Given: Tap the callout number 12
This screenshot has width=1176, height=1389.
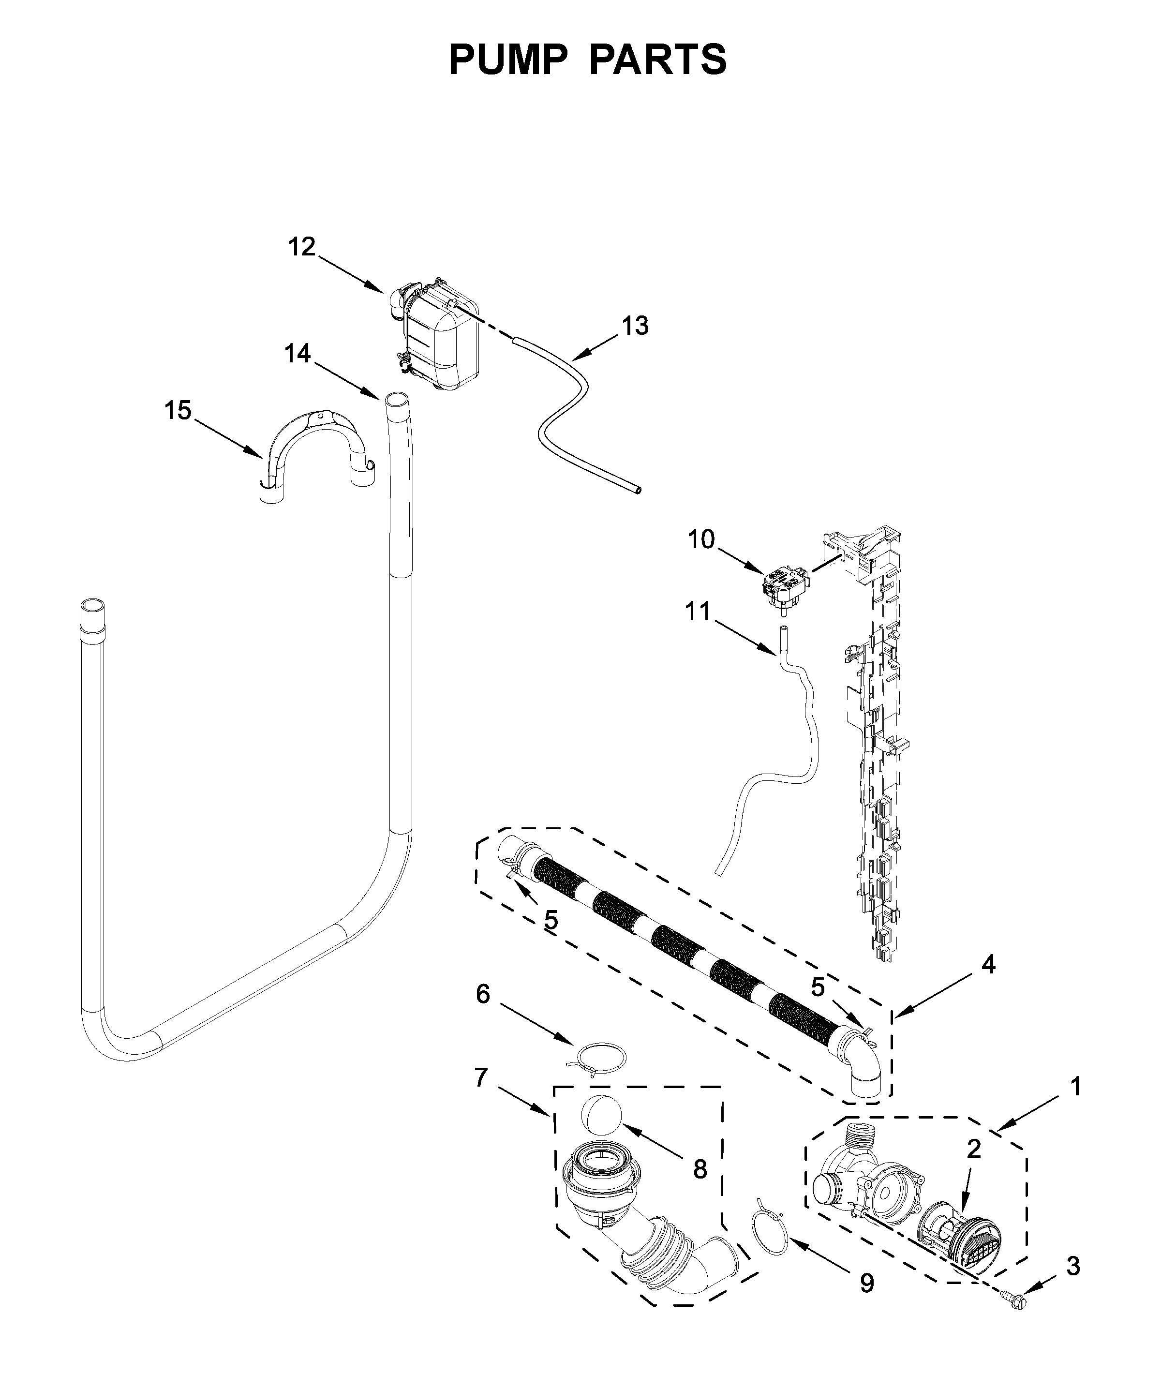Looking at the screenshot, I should (x=301, y=247).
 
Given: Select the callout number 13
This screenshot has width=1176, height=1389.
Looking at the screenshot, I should (x=635, y=326).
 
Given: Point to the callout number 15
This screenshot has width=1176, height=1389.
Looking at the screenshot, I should (x=178, y=410).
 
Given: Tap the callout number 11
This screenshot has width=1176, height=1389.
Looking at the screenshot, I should (x=698, y=612).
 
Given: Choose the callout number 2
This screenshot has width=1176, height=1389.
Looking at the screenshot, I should (x=973, y=1149).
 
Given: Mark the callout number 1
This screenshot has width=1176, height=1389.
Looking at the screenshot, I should (x=1075, y=1087).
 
